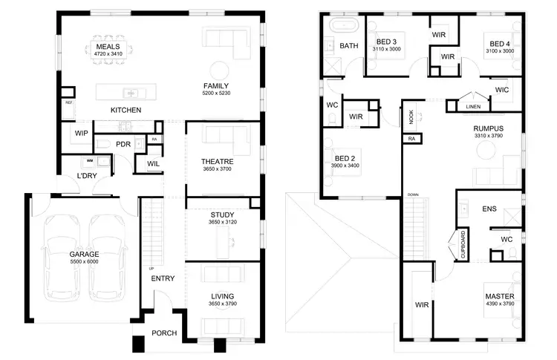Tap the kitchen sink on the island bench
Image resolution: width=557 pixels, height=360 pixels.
coord(129,94)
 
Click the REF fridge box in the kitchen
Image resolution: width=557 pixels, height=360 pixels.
coord(68,102)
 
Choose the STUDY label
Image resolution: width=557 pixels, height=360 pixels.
coord(222,215)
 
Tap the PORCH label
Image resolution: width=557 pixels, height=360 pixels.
coord(163,333)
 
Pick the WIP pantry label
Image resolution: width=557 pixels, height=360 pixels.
coord(82,133)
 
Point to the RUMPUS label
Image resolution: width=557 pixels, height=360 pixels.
coord(489,128)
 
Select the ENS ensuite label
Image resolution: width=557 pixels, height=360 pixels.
coord(489,209)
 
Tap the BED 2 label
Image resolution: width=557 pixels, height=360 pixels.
coord(345,157)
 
